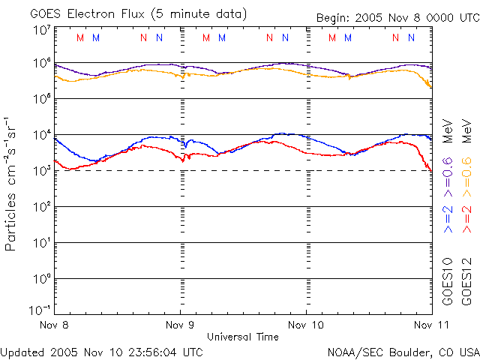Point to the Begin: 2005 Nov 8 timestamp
pyautogui.click(x=374, y=17)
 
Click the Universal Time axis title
pyautogui.click(x=242, y=337)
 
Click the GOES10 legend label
pyautogui.click(x=447, y=281)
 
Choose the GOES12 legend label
pyautogui.click(x=466, y=281)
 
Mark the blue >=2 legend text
pyautogui.click(x=447, y=217)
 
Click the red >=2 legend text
pyautogui.click(x=466, y=217)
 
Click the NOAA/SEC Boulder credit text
pyautogui.click(x=403, y=351)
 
